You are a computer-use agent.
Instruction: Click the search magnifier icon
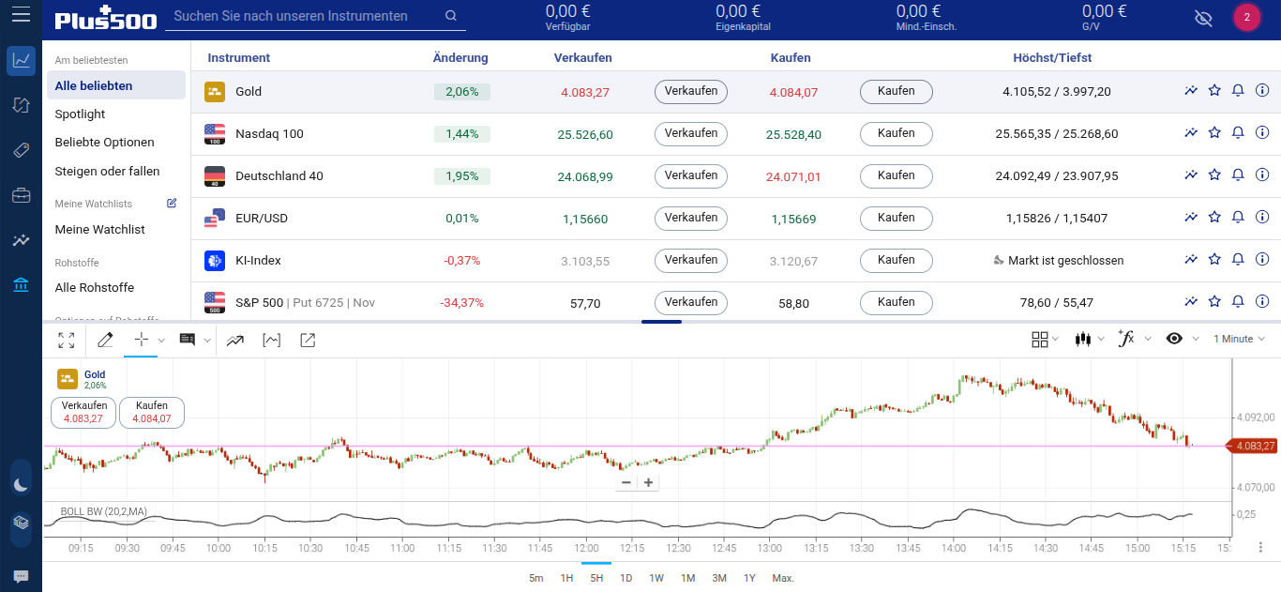tap(451, 16)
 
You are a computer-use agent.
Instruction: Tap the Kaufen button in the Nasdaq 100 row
tap(896, 134)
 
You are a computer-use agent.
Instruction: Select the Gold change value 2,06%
tap(461, 92)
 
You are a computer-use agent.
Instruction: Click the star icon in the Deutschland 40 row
tap(1214, 175)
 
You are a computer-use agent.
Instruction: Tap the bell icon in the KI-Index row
tap(1238, 260)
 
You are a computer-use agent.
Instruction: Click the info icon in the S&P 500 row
tap(1262, 302)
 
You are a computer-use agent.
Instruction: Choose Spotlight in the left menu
tap(80, 114)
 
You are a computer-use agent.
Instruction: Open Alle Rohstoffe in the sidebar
tap(94, 288)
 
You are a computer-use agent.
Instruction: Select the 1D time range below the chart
tap(625, 578)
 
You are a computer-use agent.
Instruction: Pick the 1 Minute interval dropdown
tap(1238, 339)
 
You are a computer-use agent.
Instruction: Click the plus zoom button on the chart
tap(648, 482)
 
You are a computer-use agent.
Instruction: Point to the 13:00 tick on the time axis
tap(770, 548)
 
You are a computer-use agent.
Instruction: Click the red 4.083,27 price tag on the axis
tap(1254, 446)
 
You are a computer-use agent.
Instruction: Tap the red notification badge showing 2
tap(1246, 17)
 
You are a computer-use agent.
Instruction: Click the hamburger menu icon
tap(20, 16)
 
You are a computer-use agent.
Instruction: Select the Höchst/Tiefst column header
tap(1052, 58)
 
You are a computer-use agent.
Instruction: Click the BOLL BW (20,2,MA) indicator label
tap(103, 511)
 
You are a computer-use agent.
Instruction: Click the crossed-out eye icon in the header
tap(1203, 18)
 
